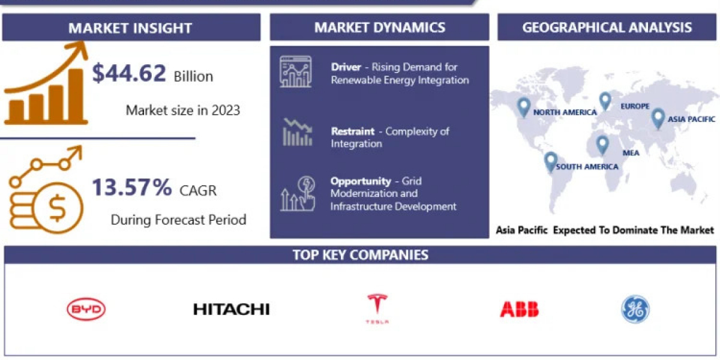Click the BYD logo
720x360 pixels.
86,309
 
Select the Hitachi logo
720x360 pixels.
232,309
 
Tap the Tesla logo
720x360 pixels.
377,308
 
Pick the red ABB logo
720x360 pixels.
519,309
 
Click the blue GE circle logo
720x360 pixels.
635,309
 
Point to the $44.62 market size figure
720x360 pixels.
129,73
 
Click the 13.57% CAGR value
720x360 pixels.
132,187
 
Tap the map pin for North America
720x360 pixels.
524,107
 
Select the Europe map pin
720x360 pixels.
605,101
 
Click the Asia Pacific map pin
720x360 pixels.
658,119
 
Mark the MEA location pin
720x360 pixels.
602,145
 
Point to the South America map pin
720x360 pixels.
551,161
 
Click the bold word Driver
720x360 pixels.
346,67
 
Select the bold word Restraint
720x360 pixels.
353,131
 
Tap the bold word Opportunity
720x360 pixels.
361,181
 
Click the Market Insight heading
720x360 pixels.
130,28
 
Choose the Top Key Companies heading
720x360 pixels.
361,255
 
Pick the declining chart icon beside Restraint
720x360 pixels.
298,132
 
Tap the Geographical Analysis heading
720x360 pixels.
607,28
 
